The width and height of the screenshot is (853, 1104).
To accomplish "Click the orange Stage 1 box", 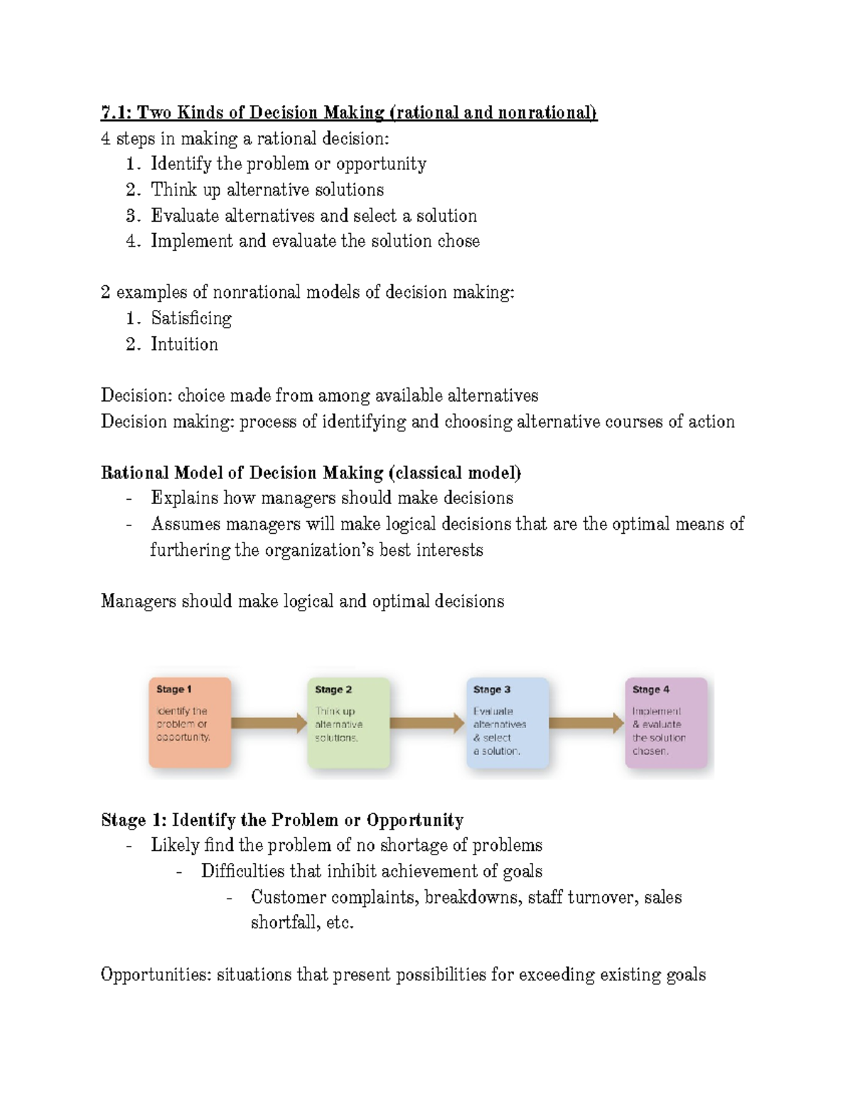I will (x=190, y=722).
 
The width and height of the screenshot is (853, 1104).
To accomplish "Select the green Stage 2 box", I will (x=348, y=722).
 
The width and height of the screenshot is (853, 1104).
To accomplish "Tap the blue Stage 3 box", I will (x=508, y=722).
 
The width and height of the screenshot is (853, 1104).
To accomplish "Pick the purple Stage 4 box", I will (x=666, y=722).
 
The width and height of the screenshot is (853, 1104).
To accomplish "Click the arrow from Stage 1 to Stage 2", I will (x=269, y=723).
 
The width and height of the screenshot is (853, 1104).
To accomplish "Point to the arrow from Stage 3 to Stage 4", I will (x=586, y=723).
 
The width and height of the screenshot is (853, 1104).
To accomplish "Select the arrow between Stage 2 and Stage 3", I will (x=427, y=723).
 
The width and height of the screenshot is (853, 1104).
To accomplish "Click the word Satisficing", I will (x=191, y=318).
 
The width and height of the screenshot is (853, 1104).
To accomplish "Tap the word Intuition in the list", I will (x=184, y=344).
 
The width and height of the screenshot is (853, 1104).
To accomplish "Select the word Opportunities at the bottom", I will (x=156, y=975).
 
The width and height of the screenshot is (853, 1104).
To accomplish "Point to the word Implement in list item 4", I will (x=191, y=241).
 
